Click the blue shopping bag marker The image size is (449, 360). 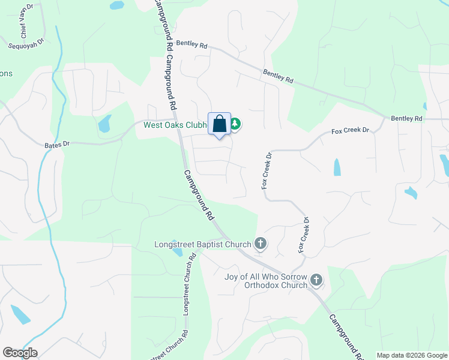point(220,124)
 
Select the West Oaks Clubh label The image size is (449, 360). point(175,125)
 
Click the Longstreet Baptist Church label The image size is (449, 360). point(203,244)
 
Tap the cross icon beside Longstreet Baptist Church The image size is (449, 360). point(261,244)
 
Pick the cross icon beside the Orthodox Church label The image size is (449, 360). point(316,280)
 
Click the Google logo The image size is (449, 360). point(20,353)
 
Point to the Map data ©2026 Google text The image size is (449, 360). point(411,355)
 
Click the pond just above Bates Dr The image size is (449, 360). point(104,123)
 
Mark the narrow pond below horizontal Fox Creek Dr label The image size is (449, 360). point(336,167)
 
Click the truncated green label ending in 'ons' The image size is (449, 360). point(6,74)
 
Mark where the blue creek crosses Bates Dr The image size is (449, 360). point(45,145)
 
